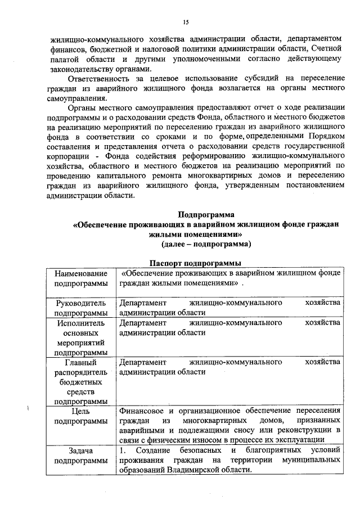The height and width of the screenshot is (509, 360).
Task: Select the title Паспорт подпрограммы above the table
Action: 196,263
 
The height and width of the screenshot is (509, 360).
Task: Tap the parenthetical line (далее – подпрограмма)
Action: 206,244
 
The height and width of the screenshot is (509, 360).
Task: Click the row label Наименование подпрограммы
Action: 80,278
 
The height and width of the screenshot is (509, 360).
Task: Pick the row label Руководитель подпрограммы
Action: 80,308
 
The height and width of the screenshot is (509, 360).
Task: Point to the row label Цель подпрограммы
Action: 80,416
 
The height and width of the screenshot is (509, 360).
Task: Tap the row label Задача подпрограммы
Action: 80,456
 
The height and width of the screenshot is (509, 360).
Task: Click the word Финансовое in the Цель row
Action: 142,411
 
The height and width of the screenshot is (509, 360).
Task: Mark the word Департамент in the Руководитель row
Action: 142,303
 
